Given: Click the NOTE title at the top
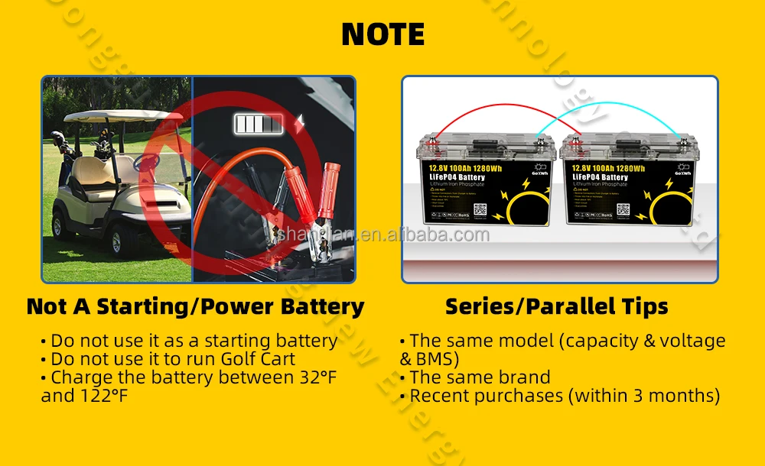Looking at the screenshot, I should tap(382, 34).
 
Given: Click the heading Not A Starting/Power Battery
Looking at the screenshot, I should tap(195, 307).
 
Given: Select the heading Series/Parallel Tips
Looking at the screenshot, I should tap(556, 307).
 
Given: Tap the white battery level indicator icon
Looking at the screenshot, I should tap(259, 124).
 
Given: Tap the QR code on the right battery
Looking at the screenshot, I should tap(621, 207).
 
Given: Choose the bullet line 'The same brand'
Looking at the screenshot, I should tap(480, 377).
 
